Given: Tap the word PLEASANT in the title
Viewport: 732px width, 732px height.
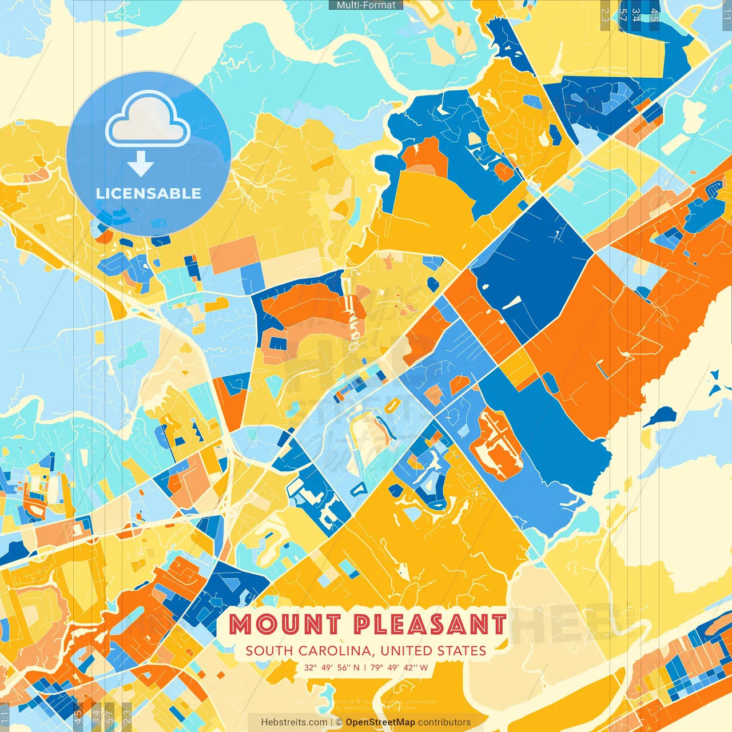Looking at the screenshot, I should click(429, 624).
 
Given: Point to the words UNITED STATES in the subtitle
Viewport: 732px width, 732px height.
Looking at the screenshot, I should click(433, 651).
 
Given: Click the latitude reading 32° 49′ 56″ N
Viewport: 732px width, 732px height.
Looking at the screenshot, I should click(332, 667).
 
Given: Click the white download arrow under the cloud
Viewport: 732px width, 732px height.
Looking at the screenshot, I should click(141, 165).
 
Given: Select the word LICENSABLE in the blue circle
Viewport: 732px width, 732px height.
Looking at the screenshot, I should click(148, 193).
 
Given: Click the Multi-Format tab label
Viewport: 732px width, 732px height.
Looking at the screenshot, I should click(366, 5).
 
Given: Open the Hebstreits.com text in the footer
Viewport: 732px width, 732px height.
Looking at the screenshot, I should click(294, 722).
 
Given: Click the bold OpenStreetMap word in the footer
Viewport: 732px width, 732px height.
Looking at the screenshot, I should click(380, 722).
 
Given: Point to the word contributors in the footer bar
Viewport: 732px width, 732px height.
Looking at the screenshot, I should click(444, 722).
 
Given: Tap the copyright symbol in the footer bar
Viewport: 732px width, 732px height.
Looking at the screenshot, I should click(339, 722).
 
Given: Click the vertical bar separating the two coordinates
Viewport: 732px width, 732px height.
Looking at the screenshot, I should click(365, 667).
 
